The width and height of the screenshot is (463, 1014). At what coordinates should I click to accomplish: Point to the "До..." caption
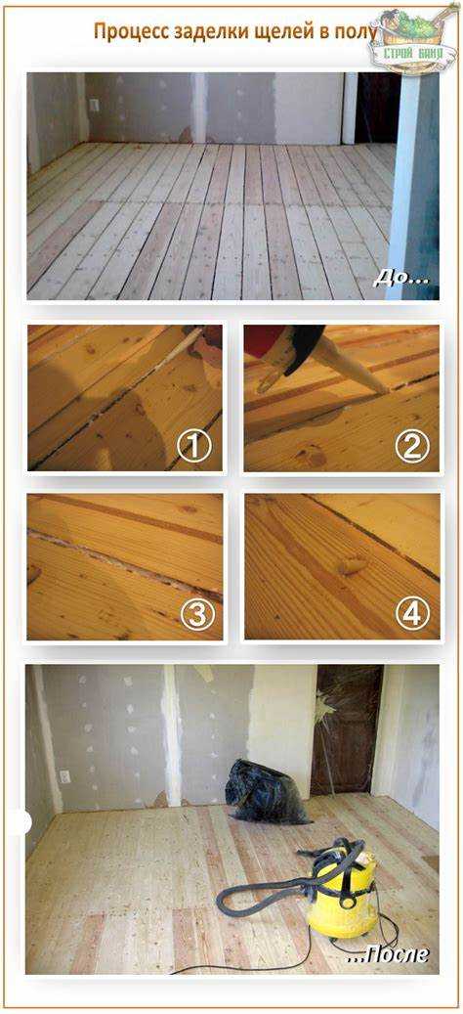pos(400,280)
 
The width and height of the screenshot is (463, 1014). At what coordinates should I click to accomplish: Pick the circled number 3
pos(196,615)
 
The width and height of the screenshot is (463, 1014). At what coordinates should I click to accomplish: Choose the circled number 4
pos(411,615)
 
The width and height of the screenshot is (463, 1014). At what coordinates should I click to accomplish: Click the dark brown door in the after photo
pos(346,730)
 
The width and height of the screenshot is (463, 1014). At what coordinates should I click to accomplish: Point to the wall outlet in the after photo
pos(64,775)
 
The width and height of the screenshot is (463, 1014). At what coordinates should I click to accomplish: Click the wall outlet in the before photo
pos(95,106)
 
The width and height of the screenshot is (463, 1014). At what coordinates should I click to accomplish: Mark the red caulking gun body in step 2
pos(265,338)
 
